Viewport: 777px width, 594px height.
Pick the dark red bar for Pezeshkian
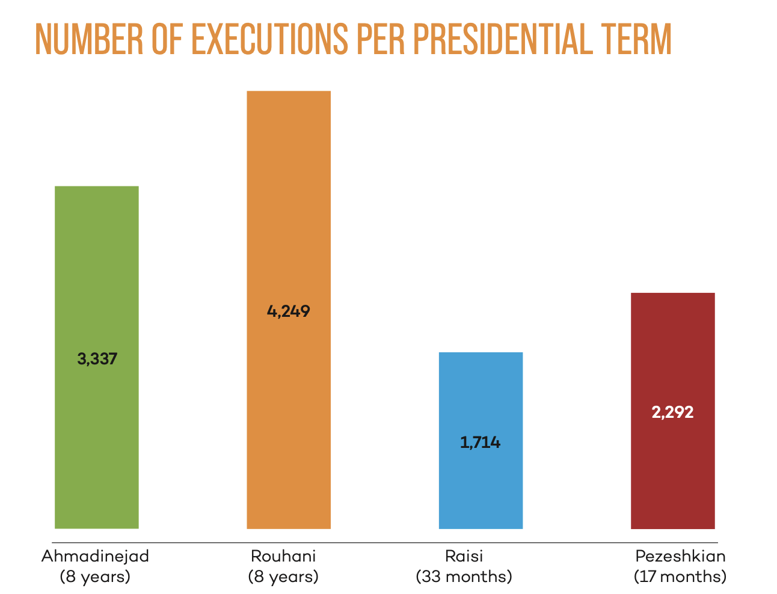(672, 469)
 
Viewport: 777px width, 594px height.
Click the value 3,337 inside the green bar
(97, 360)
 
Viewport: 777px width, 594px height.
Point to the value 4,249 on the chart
(289, 311)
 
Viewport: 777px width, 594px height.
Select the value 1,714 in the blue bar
(481, 443)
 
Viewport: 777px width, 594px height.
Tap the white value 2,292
(672, 412)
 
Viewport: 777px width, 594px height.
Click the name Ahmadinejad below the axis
(95, 556)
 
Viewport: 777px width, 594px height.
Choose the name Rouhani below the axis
(283, 556)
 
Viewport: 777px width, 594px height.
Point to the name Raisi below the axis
(464, 556)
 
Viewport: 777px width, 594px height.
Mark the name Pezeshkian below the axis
(680, 556)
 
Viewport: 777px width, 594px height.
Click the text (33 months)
(464, 577)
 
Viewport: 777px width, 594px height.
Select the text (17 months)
(680, 577)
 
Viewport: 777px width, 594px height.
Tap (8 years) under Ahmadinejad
(95, 577)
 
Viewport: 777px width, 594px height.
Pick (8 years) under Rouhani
(283, 577)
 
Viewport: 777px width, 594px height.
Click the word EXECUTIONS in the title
(269, 40)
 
